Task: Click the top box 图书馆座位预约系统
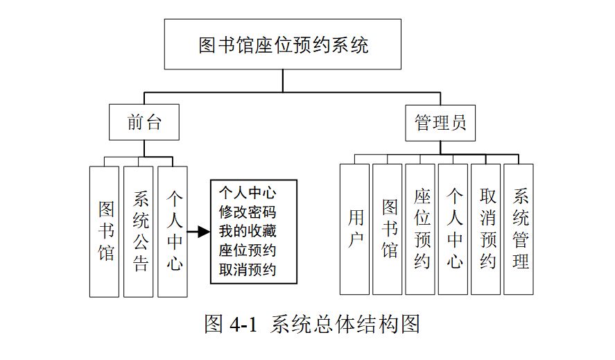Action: [x=283, y=45]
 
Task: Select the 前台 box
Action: [x=144, y=122]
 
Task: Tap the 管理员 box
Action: [x=440, y=123]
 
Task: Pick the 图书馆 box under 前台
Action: [x=105, y=231]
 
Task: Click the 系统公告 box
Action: [x=139, y=231]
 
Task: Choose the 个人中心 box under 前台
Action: [x=173, y=231]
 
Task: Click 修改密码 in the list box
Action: [x=247, y=212]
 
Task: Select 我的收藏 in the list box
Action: [x=247, y=231]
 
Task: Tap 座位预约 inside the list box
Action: [x=247, y=250]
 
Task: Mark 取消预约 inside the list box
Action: [x=247, y=269]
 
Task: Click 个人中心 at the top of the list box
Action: [x=247, y=192]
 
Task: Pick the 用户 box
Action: [x=355, y=229]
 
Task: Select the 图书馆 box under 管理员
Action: [x=388, y=229]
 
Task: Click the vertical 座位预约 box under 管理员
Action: [x=421, y=229]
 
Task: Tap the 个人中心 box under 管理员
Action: [x=453, y=229]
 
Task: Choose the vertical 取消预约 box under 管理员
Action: [x=487, y=229]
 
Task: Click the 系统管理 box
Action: [x=519, y=229]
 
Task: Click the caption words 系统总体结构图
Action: [x=345, y=325]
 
